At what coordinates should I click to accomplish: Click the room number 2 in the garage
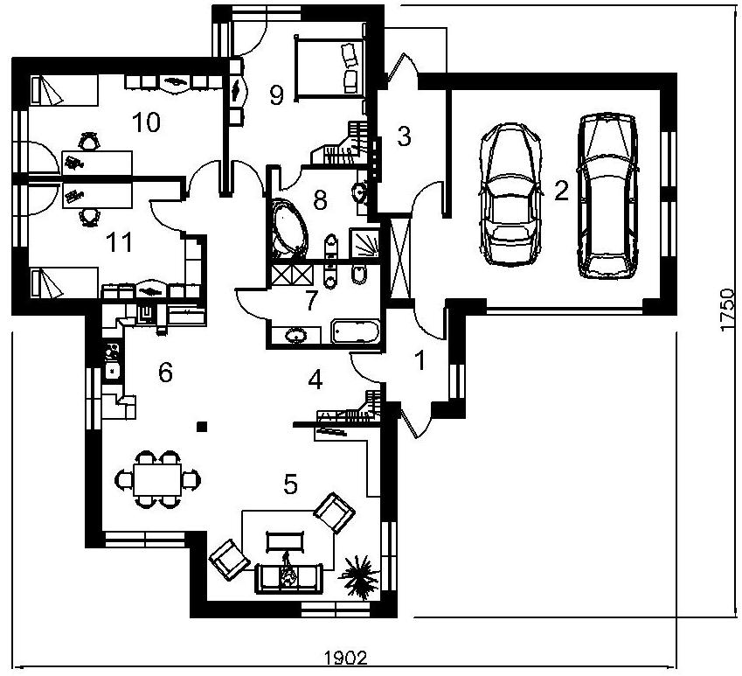(561, 191)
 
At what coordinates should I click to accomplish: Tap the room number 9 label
(276, 95)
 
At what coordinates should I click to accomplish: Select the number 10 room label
(146, 122)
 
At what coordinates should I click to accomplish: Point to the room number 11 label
(119, 242)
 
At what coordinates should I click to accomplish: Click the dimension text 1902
(346, 658)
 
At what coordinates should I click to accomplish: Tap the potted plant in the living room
(360, 576)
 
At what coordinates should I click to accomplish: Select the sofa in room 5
(288, 577)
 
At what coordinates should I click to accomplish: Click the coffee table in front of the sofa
(285, 541)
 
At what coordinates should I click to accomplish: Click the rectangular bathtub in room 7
(356, 331)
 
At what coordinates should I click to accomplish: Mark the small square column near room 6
(202, 427)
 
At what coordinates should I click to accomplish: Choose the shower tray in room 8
(364, 243)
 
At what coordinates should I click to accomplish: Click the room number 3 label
(404, 136)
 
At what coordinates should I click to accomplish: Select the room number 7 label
(310, 301)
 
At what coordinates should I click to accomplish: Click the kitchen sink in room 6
(113, 370)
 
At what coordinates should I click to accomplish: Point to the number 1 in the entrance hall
(420, 360)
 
